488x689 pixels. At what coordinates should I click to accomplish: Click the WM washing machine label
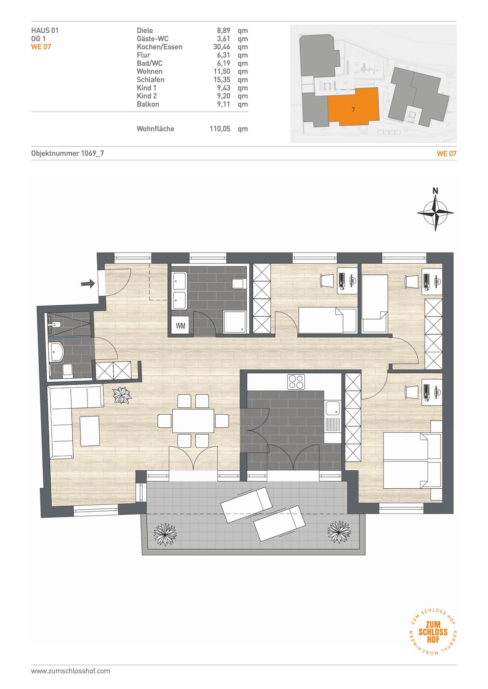tap(181, 325)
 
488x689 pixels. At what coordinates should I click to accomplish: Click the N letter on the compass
tap(435, 191)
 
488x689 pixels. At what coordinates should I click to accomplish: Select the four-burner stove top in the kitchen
tap(296, 382)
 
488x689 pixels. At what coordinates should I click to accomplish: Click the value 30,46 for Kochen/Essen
tap(222, 47)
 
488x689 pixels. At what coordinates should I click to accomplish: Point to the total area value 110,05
tap(220, 129)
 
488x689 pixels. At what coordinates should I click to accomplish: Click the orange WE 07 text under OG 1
tap(41, 47)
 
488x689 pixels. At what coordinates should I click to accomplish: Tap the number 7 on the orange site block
tap(353, 110)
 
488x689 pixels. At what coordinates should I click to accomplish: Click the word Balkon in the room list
tap(148, 104)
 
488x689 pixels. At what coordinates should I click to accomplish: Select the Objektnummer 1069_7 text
tap(67, 153)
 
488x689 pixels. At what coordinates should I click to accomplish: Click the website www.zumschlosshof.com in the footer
tap(71, 671)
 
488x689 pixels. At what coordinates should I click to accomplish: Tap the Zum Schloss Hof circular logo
tap(433, 632)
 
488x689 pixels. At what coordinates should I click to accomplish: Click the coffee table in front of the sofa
tap(90, 431)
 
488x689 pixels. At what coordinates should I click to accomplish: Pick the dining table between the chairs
tap(193, 421)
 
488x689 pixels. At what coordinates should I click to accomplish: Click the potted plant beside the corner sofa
tap(122, 395)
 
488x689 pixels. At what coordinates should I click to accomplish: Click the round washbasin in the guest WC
tap(57, 352)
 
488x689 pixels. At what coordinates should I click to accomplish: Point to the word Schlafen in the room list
tap(151, 79)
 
